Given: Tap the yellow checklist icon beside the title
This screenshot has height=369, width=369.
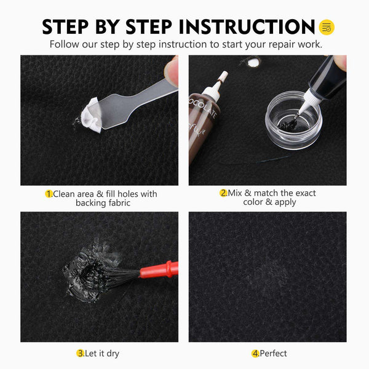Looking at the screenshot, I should [x=327, y=27].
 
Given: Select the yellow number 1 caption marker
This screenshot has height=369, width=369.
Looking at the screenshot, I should [x=49, y=194].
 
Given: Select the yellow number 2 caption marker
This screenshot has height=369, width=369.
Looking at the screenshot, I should [x=224, y=193].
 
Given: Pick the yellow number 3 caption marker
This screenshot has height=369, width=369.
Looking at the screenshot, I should [x=80, y=353].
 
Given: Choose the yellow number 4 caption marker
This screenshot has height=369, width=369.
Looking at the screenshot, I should [x=255, y=353].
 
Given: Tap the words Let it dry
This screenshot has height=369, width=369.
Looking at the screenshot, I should [x=103, y=353].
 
